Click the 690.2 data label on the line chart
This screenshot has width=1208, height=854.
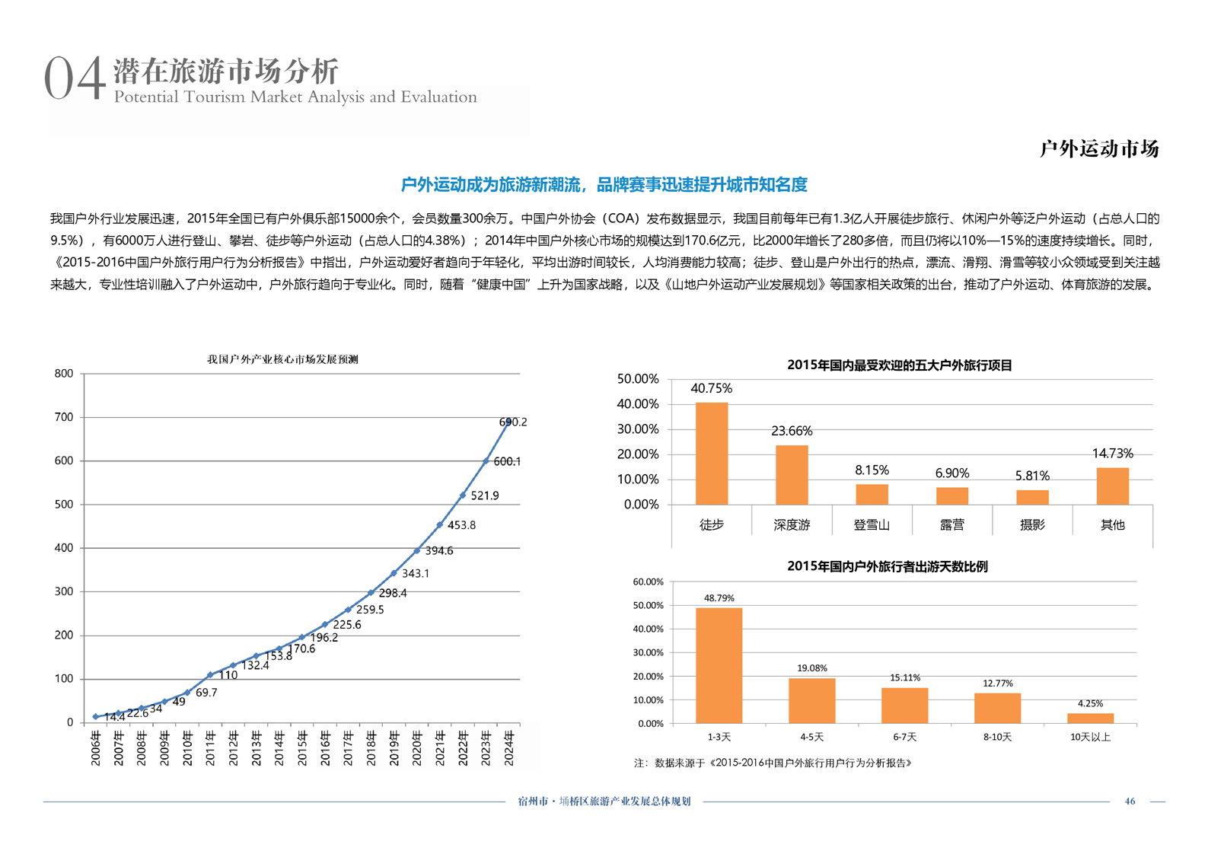pyautogui.click(x=514, y=422)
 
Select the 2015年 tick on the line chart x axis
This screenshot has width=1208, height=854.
pyautogui.click(x=301, y=747)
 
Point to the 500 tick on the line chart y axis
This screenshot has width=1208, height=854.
pyautogui.click(x=64, y=504)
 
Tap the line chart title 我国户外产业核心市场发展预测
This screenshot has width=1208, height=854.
pyautogui.click(x=282, y=359)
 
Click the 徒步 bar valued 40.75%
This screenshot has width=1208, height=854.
pyautogui.click(x=712, y=453)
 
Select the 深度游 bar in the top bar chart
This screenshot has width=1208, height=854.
pyautogui.click(x=792, y=475)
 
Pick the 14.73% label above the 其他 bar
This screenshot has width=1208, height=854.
pyautogui.click(x=1112, y=454)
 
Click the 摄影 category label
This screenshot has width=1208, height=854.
pyautogui.click(x=1032, y=524)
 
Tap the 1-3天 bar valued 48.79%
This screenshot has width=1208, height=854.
pyautogui.click(x=719, y=665)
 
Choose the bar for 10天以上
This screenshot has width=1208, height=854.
pyautogui.click(x=1090, y=718)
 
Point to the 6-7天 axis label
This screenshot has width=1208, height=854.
pyautogui.click(x=904, y=737)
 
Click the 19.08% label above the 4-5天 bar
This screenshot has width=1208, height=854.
pyautogui.click(x=811, y=668)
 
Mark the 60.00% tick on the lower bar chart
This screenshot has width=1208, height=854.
pyautogui.click(x=648, y=582)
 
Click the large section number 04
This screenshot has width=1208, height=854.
pyautogui.click(x=74, y=78)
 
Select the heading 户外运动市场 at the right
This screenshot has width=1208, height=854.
pyautogui.click(x=1098, y=148)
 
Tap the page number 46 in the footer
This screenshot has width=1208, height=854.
pyautogui.click(x=1130, y=801)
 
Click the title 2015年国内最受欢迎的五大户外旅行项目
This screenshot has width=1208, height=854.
pyautogui.click(x=899, y=365)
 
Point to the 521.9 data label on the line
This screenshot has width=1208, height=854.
pyautogui.click(x=484, y=496)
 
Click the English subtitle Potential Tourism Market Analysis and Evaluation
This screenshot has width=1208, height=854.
pyautogui.click(x=295, y=97)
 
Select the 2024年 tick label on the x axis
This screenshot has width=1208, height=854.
pyautogui.click(x=508, y=747)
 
